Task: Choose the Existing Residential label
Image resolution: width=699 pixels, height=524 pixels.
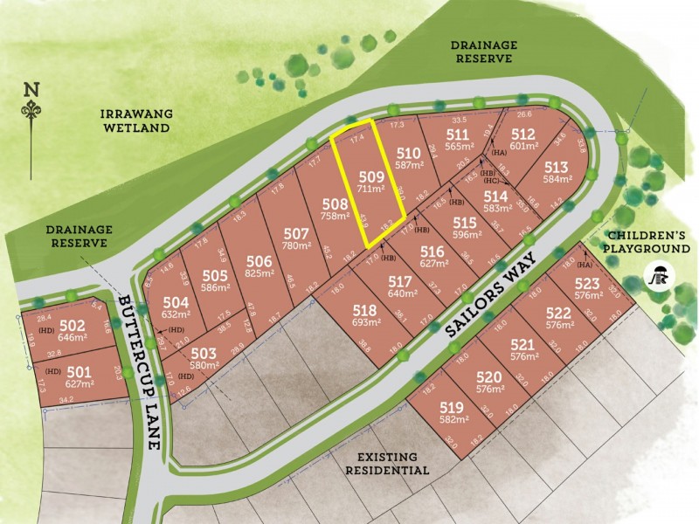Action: tap(393, 463)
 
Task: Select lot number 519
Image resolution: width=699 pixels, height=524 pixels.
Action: tap(451, 408)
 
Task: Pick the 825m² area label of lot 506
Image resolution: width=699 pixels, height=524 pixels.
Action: tap(260, 273)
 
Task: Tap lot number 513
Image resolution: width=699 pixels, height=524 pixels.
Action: tap(557, 168)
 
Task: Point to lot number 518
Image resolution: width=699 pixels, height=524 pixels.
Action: tap(363, 312)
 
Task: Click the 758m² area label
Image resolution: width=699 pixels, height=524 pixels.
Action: tap(332, 217)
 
